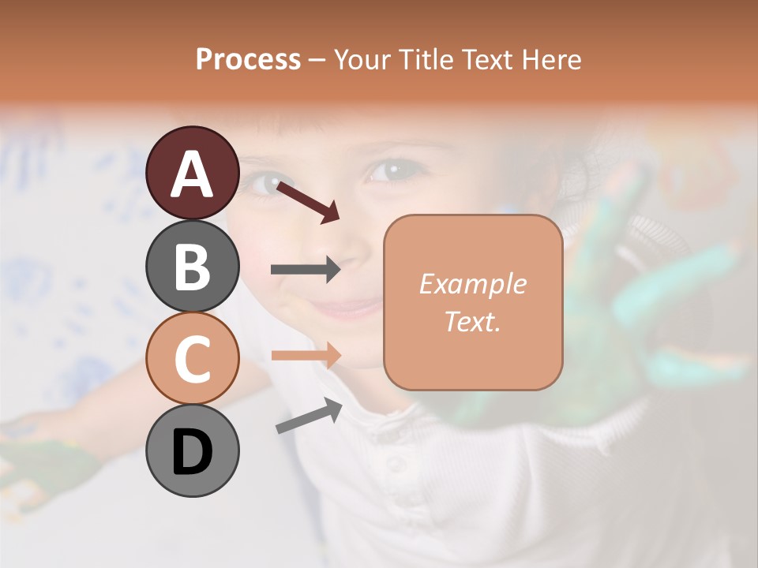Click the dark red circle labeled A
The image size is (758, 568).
tap(192, 173)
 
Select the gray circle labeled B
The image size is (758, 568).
tap(192, 266)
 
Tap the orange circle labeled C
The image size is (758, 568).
tap(192, 358)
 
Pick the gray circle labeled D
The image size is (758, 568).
tap(192, 450)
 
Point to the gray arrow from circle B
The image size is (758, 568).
tap(306, 270)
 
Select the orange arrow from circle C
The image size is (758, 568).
tap(306, 355)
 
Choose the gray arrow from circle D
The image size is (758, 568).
tap(309, 416)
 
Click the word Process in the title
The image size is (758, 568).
tap(248, 59)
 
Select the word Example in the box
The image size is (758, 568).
tap(472, 284)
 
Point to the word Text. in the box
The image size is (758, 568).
tap(472, 321)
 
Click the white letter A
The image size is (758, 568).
tap(192, 174)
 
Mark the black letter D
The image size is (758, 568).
tap(192, 452)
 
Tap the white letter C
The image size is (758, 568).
tap(192, 359)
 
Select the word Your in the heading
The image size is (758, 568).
tap(360, 59)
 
